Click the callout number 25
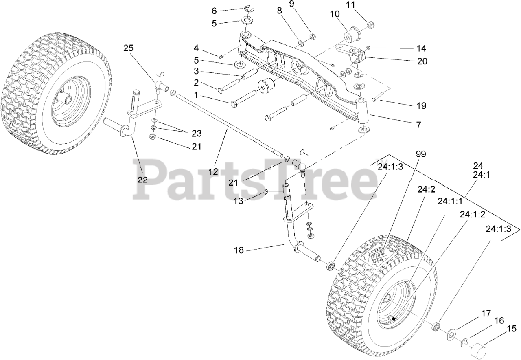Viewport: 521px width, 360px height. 128,48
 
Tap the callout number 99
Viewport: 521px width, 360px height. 421,154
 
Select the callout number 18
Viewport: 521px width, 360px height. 239,250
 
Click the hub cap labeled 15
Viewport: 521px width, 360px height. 479,349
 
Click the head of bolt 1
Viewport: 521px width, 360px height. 234,104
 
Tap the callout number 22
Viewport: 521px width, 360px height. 142,180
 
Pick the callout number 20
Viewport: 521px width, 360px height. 421,61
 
